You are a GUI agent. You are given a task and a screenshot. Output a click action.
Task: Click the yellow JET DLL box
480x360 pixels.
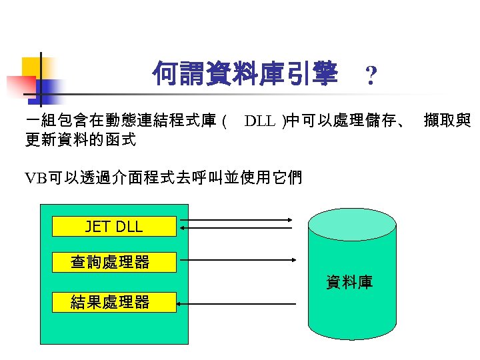[114, 226]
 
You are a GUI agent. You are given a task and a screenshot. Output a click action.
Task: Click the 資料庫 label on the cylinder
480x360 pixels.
[349, 282]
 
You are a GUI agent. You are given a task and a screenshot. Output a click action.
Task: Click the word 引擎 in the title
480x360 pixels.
[313, 74]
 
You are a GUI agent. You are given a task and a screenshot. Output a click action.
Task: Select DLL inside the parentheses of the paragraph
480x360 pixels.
[260, 121]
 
